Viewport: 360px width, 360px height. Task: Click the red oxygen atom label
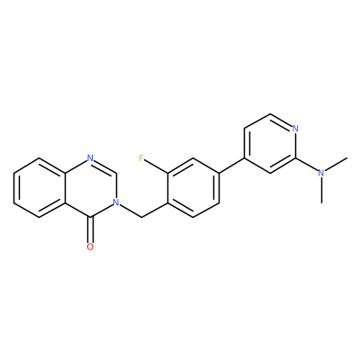[90, 247]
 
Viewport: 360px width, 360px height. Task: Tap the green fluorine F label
[141, 157]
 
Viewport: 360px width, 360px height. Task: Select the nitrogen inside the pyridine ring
[295, 129]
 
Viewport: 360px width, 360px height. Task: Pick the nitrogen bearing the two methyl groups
[321, 173]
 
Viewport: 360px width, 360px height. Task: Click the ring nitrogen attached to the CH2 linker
[116, 202]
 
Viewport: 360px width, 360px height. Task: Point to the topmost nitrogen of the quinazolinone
[90, 157]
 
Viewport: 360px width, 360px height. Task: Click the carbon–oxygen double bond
[90, 229]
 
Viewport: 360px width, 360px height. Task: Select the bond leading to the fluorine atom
[157, 166]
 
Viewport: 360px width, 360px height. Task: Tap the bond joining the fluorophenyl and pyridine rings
[231, 166]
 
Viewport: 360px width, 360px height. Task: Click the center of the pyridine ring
[270, 143]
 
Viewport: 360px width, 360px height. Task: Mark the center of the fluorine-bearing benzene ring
[193, 187]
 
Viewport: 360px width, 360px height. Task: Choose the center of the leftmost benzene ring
[39, 187]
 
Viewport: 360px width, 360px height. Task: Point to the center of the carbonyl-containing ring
[90, 187]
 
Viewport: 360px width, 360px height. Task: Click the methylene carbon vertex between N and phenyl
[141, 217]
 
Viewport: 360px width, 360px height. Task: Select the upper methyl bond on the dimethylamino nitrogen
[336, 165]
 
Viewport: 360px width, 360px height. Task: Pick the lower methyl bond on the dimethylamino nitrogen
[321, 190]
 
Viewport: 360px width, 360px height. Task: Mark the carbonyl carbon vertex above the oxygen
[90, 217]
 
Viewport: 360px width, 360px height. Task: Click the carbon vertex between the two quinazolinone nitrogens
[116, 173]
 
